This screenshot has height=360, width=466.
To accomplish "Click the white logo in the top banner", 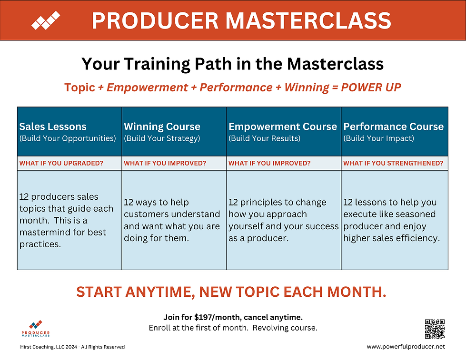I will (46, 20).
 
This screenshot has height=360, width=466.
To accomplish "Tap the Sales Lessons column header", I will (53, 126).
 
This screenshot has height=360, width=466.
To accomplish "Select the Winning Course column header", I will (162, 126).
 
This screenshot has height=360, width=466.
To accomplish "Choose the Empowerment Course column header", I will (283, 126).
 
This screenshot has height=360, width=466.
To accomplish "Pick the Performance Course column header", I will (393, 126).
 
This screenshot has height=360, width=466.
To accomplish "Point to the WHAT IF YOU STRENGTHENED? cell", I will (393, 163).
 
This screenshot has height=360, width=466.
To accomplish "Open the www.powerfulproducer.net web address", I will (406, 347).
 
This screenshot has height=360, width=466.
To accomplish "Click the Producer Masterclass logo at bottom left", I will (36, 329).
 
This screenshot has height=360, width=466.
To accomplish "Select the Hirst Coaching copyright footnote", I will (72, 347).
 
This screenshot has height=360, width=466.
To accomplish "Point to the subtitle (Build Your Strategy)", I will (162, 138).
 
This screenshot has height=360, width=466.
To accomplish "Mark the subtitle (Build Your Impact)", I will (379, 138).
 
